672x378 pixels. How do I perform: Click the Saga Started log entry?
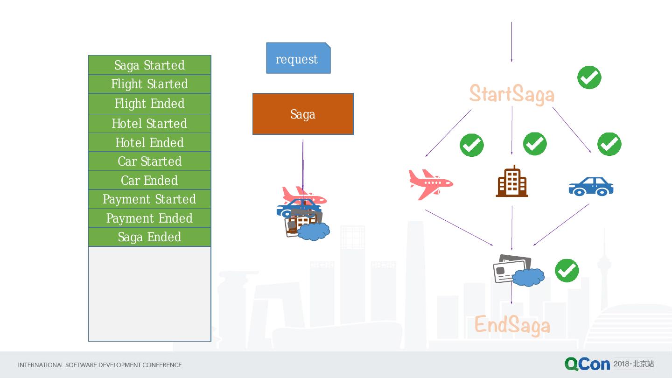(149, 65)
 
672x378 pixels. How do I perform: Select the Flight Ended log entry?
(149, 103)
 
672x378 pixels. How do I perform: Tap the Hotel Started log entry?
(149, 123)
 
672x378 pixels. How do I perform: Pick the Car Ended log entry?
(149, 180)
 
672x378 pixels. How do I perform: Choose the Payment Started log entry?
(149, 199)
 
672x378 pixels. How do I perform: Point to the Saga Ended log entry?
(149, 237)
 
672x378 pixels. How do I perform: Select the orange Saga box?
(303, 114)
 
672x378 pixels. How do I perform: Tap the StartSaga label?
(511, 94)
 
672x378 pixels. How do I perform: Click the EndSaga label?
(512, 325)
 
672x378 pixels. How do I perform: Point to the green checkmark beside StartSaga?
(589, 77)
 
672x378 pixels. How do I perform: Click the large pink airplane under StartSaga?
(430, 184)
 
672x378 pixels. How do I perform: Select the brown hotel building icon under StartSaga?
(512, 181)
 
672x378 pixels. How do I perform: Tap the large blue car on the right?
(590, 186)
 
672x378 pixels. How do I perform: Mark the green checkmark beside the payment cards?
(567, 271)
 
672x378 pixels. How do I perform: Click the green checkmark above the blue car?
(609, 144)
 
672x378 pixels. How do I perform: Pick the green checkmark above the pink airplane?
(471, 145)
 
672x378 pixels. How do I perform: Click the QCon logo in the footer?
(587, 364)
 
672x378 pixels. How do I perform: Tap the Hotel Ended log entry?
(149, 142)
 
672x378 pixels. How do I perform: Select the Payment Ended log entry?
(149, 218)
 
